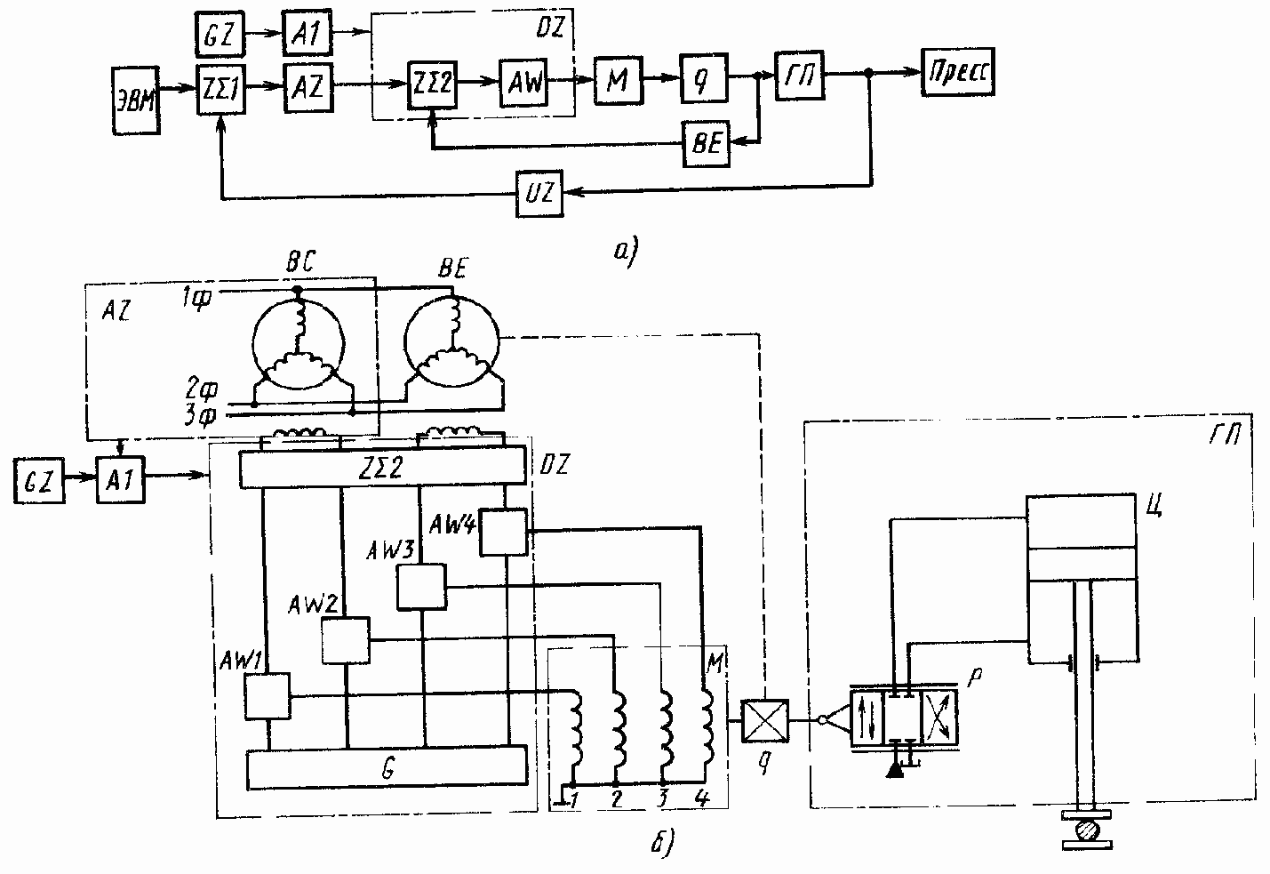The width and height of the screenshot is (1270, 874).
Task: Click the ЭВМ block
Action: pyautogui.click(x=137, y=100)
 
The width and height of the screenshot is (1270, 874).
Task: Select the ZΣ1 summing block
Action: pyautogui.click(x=220, y=88)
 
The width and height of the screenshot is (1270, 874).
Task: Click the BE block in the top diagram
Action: pyautogui.click(x=707, y=144)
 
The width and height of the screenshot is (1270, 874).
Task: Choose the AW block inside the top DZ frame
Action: pyautogui.click(x=523, y=84)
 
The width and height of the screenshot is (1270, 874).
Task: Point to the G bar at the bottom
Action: pyautogui.click(x=387, y=767)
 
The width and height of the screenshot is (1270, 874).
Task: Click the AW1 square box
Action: pyautogui.click(x=268, y=696)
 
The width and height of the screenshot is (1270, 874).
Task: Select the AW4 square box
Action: pyautogui.click(x=503, y=533)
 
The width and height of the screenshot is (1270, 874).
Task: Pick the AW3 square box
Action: pyautogui.click(x=421, y=587)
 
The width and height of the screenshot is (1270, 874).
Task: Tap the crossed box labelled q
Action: pyautogui.click(x=763, y=719)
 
